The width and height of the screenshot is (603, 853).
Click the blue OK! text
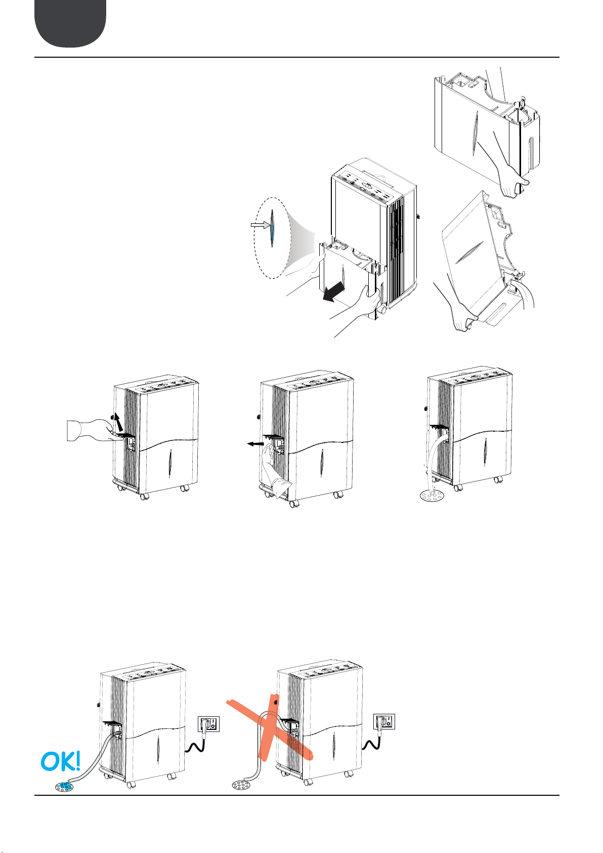[60, 761]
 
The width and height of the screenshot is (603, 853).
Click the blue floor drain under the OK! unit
[63, 784]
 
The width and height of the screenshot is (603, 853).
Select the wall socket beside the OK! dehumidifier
[208, 723]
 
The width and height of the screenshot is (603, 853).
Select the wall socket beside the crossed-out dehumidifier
[384, 721]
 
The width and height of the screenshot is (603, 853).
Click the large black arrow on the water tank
[333, 293]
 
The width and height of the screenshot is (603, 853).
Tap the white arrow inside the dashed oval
[260, 225]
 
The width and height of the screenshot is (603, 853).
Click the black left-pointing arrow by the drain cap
[255, 443]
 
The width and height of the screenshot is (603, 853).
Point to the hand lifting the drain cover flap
[93, 430]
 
